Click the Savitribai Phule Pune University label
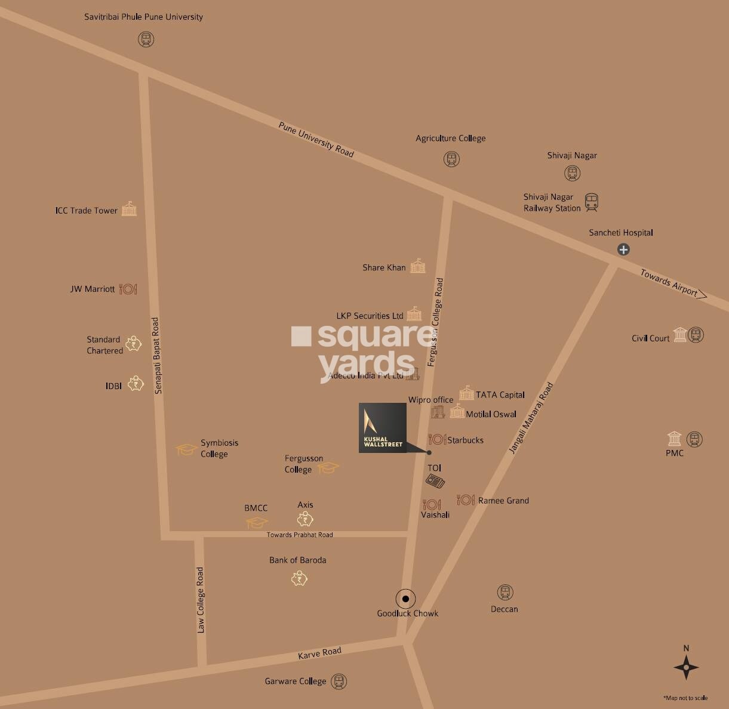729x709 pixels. click(x=143, y=17)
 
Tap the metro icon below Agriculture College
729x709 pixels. click(x=451, y=159)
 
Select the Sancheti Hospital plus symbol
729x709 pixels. click(x=623, y=249)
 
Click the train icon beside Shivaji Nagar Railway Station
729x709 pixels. click(x=591, y=202)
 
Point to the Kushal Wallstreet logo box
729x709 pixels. click(x=383, y=428)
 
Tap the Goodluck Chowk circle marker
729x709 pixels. click(x=405, y=598)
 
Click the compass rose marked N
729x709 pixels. click(x=686, y=666)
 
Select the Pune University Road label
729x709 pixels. click(x=316, y=140)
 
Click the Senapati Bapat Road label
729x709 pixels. click(x=156, y=355)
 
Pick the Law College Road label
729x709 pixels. click(x=201, y=600)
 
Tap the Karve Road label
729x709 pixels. click(x=319, y=653)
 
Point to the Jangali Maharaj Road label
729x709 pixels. click(x=531, y=418)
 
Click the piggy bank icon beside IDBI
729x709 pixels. click(x=136, y=383)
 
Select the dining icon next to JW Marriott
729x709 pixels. click(x=128, y=289)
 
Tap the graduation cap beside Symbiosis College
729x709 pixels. click(x=186, y=449)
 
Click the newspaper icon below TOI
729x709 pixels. click(x=435, y=481)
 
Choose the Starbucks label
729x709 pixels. click(x=465, y=440)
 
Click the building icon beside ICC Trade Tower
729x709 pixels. click(x=129, y=209)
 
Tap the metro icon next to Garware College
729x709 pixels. click(x=339, y=681)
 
